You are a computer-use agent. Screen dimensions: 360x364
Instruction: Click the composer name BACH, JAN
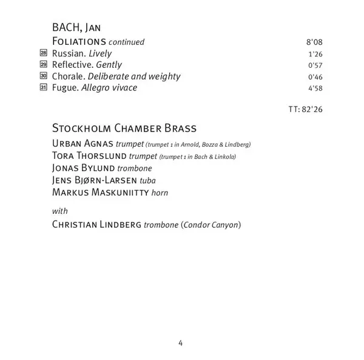[75, 28]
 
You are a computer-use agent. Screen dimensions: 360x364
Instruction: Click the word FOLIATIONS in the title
[79, 42]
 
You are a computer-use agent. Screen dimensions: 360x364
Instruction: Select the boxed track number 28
[43, 54]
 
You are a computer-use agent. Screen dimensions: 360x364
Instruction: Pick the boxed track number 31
[43, 88]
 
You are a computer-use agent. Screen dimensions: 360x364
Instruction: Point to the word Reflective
[72, 65]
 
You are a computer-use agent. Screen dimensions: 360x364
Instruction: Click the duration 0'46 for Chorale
[313, 77]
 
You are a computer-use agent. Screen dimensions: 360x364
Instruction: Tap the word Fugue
[65, 88]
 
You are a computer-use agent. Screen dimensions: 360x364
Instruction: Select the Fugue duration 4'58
[313, 88]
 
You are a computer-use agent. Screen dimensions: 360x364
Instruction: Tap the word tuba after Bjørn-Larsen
[147, 180]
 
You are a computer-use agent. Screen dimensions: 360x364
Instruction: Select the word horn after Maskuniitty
[161, 192]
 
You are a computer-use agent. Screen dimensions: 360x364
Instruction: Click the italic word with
[60, 211]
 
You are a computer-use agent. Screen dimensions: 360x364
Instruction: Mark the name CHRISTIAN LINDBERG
[96, 225]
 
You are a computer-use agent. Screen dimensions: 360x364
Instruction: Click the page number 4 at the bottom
[180, 342]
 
